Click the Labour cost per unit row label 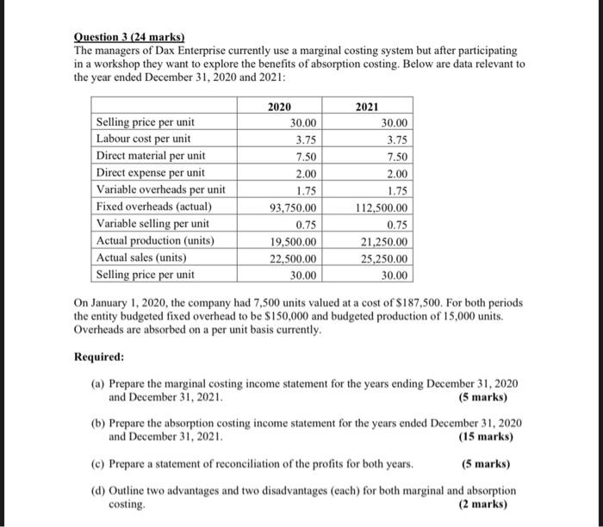click(x=144, y=139)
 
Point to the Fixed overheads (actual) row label click(x=154, y=207)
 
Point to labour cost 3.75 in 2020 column click(x=304, y=139)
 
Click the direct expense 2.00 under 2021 click(x=396, y=173)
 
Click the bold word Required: click(x=99, y=356)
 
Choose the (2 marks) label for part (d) click(x=485, y=504)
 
